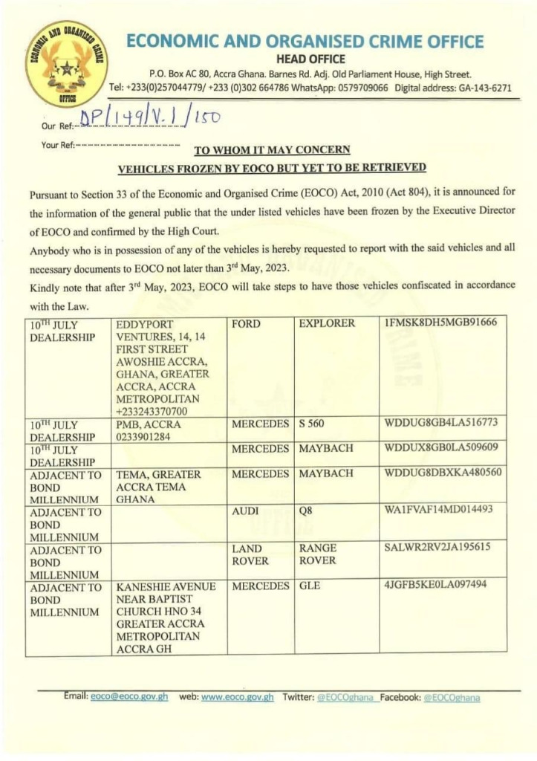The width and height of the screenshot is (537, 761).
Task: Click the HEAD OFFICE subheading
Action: tap(311, 59)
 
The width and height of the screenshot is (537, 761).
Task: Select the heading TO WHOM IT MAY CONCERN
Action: tap(272, 149)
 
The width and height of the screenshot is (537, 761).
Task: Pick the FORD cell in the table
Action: tap(246, 324)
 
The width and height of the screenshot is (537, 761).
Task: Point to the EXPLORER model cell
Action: tap(327, 324)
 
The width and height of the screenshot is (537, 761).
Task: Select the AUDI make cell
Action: tap(246, 511)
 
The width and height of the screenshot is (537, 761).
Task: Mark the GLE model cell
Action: tap(311, 586)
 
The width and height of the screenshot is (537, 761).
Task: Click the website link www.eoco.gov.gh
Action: tap(238, 698)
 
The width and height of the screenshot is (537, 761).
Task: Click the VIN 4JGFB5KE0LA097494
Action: tap(436, 586)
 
